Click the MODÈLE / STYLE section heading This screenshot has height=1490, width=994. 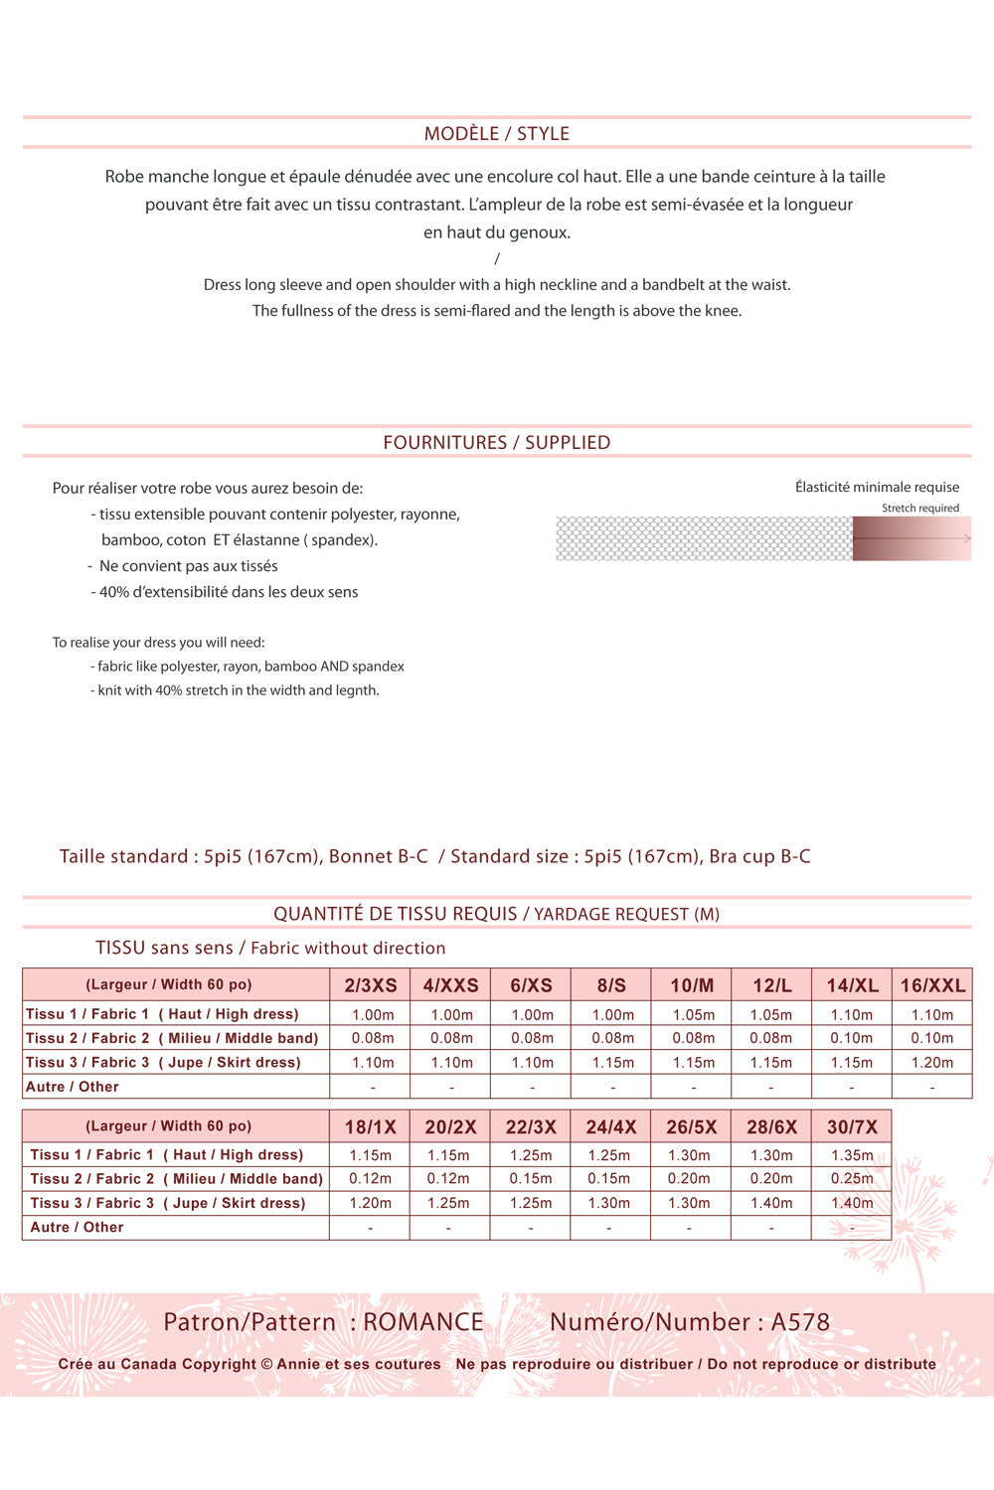coord(497,133)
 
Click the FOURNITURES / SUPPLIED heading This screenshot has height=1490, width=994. coord(497,442)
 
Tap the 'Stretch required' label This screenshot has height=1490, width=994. coord(920,508)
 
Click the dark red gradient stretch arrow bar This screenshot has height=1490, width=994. coord(911,538)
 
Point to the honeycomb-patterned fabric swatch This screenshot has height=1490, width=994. coord(704,538)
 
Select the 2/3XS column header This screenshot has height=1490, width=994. coord(371,985)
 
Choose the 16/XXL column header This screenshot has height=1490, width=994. coord(932,985)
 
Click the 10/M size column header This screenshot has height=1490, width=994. coord(692,985)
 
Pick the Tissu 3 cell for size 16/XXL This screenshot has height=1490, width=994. coord(932,1062)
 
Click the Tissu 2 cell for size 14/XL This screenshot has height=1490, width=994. coord(852,1038)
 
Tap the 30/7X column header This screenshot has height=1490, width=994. coord(852,1126)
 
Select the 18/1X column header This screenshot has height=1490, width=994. coord(371,1126)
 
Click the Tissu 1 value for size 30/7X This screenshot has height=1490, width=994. coord(852,1155)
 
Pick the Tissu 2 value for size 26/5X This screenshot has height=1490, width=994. coord(690,1178)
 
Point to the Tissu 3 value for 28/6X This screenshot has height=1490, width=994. coord(771,1203)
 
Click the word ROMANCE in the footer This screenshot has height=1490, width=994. coord(423,1322)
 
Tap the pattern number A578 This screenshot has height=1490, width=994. coord(800,1322)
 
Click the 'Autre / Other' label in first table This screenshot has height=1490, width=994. coord(73,1087)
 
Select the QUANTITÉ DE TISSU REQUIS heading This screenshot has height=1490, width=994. coord(396,914)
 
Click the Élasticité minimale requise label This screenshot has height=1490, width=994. coord(877,487)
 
